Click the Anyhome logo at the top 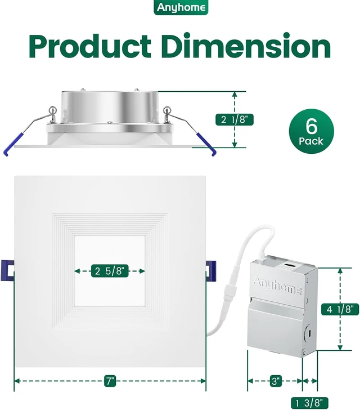click(x=181, y=7)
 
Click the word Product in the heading click(x=90, y=47)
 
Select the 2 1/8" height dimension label click(x=235, y=120)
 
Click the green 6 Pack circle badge click(x=311, y=131)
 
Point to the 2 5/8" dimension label click(x=110, y=271)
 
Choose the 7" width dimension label click(x=110, y=381)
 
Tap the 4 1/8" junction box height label click(x=340, y=309)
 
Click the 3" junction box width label click(x=276, y=381)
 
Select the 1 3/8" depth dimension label click(x=309, y=403)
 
